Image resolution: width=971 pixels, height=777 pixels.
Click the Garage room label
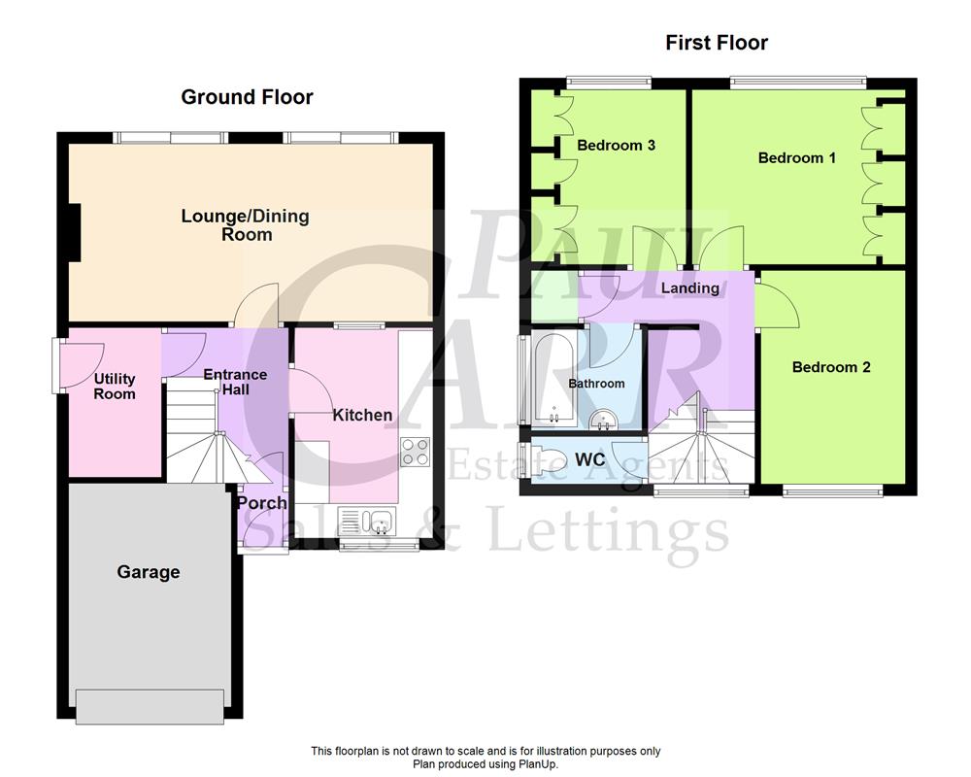pos(149,572)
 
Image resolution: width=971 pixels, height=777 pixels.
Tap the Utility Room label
pos(115,387)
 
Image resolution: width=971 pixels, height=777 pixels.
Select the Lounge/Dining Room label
pos(245,224)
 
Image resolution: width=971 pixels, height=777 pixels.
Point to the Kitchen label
pos(362,415)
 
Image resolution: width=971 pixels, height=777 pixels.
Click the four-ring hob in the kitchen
pos(416,453)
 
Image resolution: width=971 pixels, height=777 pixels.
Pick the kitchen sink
pos(364,521)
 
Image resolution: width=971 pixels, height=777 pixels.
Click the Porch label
pos(262,502)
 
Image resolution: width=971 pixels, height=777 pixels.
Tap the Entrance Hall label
pos(234,382)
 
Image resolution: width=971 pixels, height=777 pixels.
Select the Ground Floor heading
pos(247,97)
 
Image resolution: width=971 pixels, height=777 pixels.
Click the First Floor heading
pos(717,43)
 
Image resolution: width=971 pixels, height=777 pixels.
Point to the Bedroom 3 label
pos(616,146)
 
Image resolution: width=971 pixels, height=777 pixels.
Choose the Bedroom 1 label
pos(796,157)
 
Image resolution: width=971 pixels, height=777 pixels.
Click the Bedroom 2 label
pos(831,367)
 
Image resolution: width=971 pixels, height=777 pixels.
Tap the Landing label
pos(689,287)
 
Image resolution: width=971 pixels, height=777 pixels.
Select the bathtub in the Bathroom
pos(550,380)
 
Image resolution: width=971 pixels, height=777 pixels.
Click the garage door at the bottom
pos(152,705)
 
